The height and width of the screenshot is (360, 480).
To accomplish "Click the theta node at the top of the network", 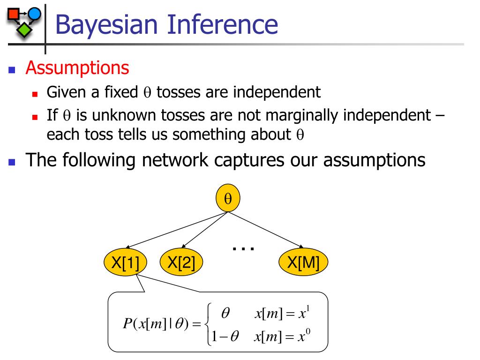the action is pos(228,199).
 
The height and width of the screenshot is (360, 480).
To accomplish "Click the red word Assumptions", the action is pos(77,68).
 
